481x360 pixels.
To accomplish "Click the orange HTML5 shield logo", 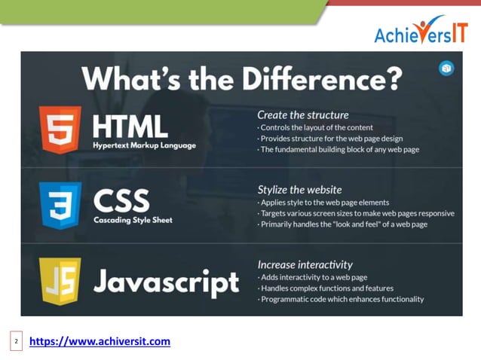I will (60, 130).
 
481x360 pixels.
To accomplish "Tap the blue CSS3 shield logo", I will (60, 205).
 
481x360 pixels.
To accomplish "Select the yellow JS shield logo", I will (60, 280).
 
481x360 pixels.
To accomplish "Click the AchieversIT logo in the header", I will (421, 32).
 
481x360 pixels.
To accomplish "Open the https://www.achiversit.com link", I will (100, 342).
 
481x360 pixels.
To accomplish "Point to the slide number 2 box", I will (17, 343).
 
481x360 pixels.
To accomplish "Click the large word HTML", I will (130, 125).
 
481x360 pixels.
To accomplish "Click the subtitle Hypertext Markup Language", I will (144, 145).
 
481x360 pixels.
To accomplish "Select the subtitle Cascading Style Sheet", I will (133, 220).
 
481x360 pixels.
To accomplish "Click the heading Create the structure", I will (302, 115).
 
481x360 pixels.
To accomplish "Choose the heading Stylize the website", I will (299, 189).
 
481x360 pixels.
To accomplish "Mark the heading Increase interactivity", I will (305, 264).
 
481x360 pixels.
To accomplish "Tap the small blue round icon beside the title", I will (446, 69).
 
